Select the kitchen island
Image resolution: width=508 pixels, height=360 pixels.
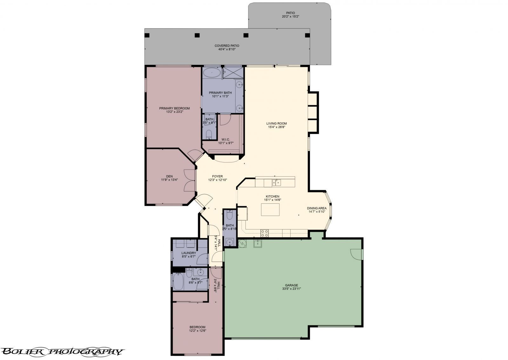270,209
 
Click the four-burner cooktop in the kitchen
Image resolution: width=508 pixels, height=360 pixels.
264,233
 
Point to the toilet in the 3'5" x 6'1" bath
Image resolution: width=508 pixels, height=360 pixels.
209,135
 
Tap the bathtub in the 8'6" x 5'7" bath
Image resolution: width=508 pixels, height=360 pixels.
178,282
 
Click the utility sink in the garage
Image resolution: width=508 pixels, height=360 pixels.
257,244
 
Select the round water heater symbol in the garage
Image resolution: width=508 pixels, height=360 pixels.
242,243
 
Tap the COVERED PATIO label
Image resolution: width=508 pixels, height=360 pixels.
227,46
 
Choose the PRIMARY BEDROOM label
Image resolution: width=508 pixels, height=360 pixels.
175,108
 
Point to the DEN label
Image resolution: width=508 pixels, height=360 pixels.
169,176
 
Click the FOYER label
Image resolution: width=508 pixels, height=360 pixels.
217,176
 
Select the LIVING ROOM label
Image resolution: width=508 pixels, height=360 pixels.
277,124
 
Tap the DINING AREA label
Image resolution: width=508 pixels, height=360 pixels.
317,208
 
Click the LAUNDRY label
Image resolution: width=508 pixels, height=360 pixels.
189,253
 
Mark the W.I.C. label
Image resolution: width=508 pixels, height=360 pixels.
226,139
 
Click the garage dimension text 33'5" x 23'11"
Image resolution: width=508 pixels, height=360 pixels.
291,289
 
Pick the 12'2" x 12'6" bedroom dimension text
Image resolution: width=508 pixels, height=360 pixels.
197,331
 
